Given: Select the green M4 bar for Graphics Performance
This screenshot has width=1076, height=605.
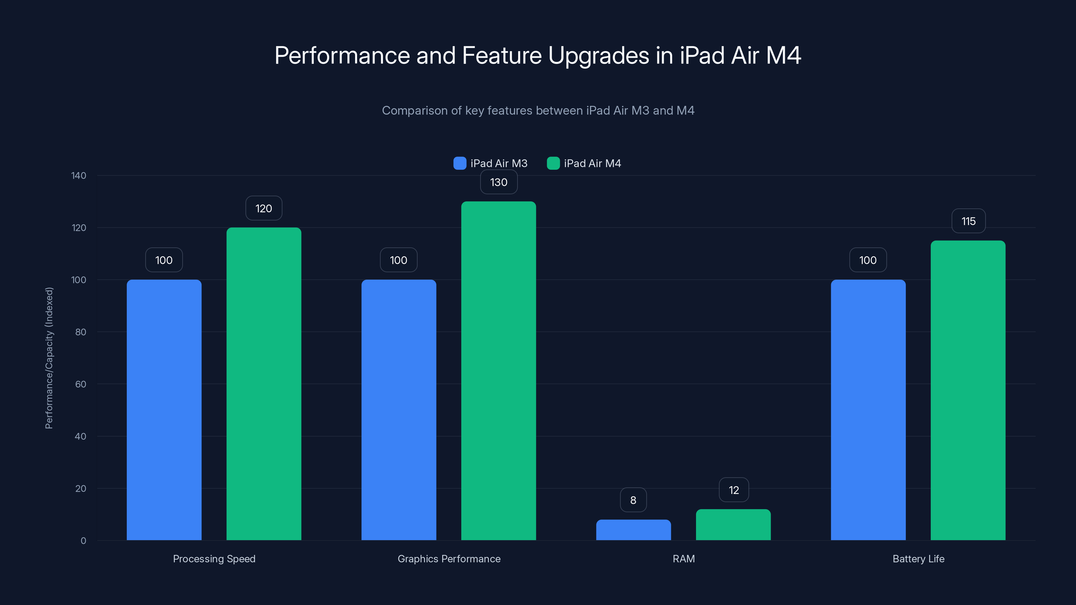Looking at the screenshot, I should point(498,371).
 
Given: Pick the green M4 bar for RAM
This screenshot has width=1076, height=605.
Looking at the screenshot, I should point(733,525).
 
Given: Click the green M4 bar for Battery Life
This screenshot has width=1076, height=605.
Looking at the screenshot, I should point(968,390).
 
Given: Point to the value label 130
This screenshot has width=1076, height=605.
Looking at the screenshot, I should point(499,183).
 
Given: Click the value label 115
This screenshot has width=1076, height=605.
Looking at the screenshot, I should point(968,221).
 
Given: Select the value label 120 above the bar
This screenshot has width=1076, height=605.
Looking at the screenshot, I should point(264,208).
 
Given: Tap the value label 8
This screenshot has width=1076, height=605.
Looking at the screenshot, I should point(633,500).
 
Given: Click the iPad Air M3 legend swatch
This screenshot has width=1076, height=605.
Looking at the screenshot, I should point(459,163).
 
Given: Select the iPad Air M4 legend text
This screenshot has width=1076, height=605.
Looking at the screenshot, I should point(592,163).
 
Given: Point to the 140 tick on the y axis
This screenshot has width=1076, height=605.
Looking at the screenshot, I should point(79,176).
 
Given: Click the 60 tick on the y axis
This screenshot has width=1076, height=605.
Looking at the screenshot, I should point(81,384).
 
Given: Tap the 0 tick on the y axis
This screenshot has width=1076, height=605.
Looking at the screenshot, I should point(83,541).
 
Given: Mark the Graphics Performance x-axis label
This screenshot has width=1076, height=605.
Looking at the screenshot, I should point(449,559).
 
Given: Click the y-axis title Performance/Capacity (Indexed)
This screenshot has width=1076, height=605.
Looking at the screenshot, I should point(49,358).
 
